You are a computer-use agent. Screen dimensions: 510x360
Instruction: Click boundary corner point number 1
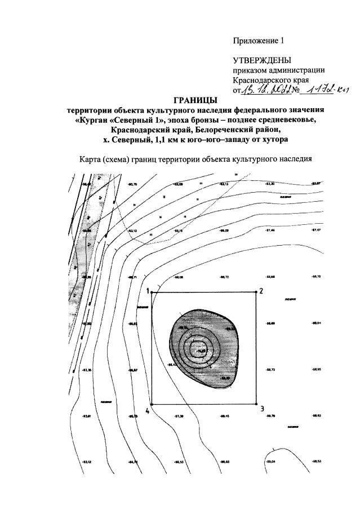click(153, 292)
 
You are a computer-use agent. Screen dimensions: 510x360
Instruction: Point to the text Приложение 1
click(260, 41)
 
